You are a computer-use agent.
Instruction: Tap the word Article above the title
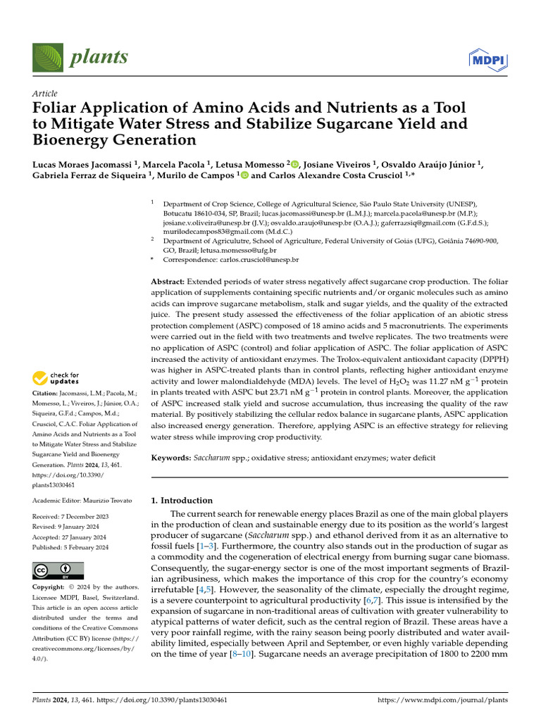click(45, 94)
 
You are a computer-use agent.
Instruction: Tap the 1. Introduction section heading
click(182, 501)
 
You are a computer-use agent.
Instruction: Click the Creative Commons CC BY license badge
click(58, 570)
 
